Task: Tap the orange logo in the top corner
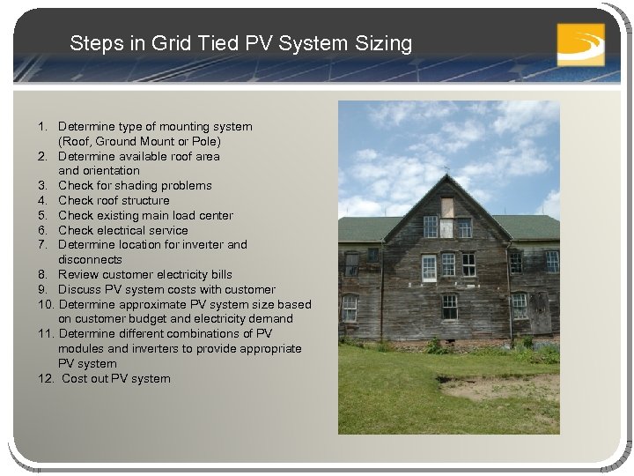tap(580, 44)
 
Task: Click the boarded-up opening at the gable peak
tap(447, 207)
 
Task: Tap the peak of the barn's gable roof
tap(446, 175)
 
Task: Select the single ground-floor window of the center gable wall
tap(449, 307)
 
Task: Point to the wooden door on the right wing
tap(539, 313)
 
